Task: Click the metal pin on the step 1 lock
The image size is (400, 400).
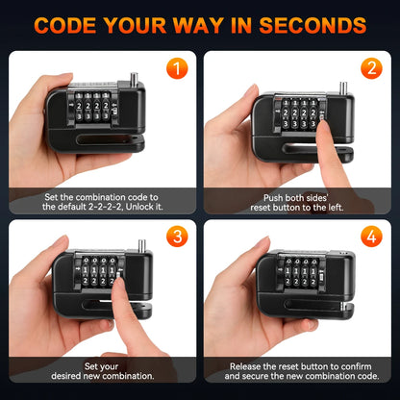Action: point(128,70)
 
